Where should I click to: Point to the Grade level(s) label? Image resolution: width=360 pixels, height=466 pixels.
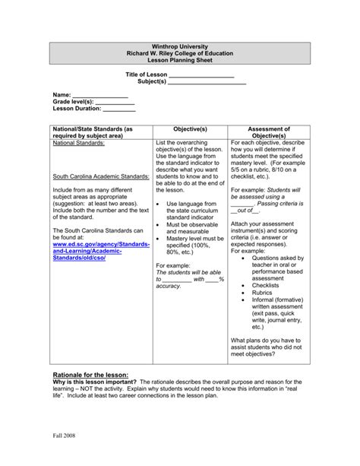[73, 101]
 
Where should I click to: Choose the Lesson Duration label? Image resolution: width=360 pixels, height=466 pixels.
[78, 108]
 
